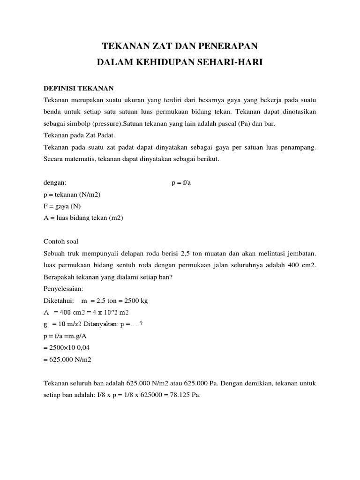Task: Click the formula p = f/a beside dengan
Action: coord(181,183)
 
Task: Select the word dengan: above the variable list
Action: coord(55,183)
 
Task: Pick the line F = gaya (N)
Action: coord(65,206)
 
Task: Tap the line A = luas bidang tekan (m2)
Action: coord(83,218)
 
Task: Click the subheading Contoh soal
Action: coord(60,242)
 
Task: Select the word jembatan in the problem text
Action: coord(300,254)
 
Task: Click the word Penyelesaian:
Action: coord(63,289)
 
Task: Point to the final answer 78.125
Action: coord(178,395)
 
